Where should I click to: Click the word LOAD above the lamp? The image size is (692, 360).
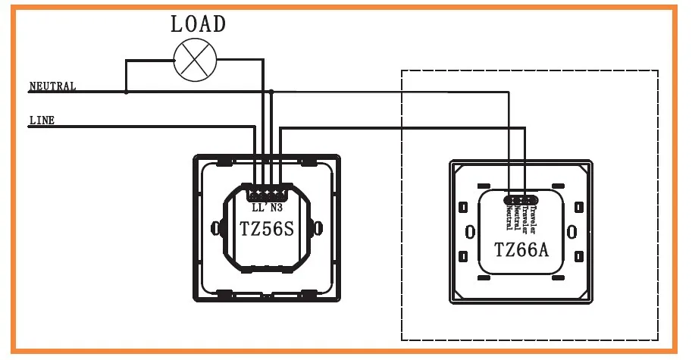(198, 23)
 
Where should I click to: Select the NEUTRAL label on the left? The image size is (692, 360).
(52, 86)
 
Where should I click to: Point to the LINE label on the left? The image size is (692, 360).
(42, 120)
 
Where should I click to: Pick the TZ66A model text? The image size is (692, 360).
(521, 249)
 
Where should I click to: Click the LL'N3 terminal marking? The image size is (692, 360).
(266, 206)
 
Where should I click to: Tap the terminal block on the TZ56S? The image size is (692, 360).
(266, 192)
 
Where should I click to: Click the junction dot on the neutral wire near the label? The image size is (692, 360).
(126, 92)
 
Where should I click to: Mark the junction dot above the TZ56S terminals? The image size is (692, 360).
(271, 92)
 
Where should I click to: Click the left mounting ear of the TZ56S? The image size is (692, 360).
(214, 227)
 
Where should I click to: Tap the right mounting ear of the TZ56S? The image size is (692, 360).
(318, 227)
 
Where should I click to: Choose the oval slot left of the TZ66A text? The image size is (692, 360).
(470, 230)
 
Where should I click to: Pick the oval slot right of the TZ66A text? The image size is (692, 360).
(571, 230)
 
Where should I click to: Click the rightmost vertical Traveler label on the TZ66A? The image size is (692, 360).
(534, 217)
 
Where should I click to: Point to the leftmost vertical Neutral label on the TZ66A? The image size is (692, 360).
(508, 217)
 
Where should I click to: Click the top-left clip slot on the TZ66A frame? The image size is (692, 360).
(482, 185)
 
